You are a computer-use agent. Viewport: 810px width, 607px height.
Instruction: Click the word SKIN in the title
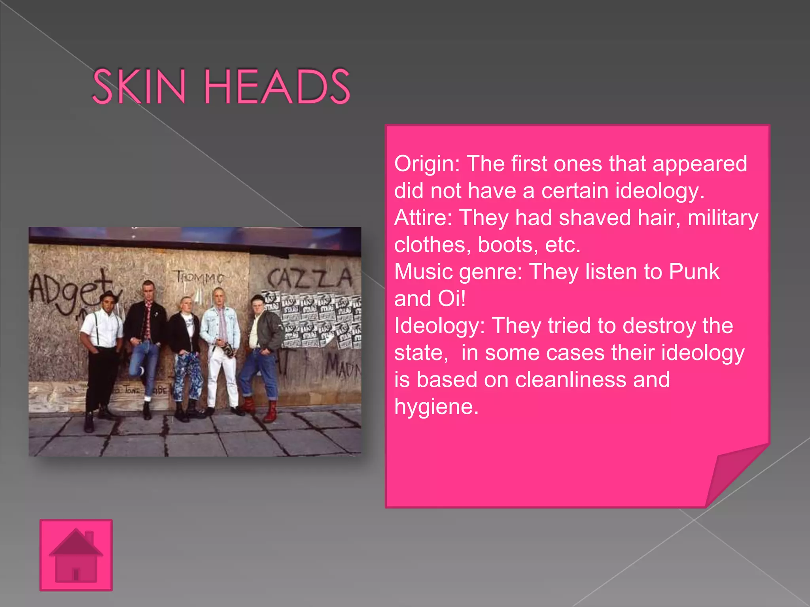click(139, 86)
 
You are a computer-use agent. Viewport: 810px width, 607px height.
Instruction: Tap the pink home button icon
click(76, 555)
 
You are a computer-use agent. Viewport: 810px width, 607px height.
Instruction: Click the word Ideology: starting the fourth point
click(439, 326)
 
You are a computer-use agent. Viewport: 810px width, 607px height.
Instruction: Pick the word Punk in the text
click(694, 272)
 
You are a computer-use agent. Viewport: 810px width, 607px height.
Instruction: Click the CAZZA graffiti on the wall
click(309, 278)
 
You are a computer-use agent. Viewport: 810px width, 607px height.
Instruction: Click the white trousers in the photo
click(222, 375)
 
